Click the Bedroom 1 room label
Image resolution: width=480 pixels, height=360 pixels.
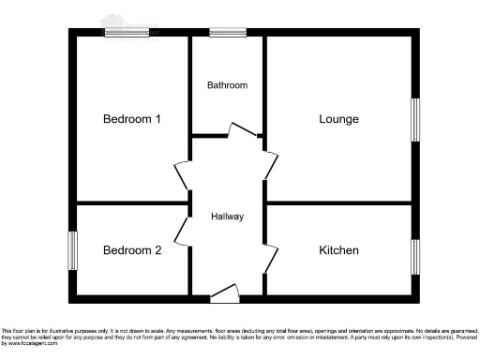pos(132,119)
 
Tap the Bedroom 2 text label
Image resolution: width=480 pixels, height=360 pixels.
pos(132,250)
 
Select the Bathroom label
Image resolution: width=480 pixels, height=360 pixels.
pos(227,85)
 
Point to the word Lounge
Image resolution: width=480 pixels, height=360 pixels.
pos(338,119)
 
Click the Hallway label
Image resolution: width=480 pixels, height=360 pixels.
pos(227,217)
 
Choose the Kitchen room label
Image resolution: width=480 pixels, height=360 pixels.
pos(338,250)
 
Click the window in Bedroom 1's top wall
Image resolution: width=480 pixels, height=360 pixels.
pos(127,33)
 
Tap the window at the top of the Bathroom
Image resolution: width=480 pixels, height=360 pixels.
pos(227,33)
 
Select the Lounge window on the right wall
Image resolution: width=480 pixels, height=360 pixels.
pos(414,119)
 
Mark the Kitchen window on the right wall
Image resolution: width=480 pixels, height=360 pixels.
pos(414,256)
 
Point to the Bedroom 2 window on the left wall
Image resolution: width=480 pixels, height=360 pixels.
pos(72,250)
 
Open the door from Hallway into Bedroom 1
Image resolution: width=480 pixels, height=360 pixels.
pos(181,177)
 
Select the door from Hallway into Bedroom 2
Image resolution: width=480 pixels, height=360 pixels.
pos(181,231)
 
